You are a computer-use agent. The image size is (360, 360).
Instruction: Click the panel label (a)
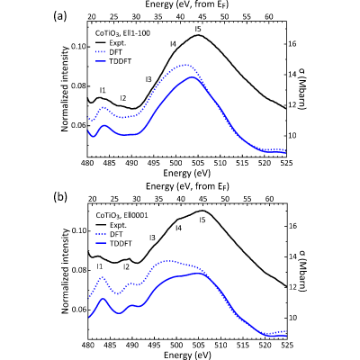(59, 16)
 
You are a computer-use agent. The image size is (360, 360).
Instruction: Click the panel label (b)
(60, 197)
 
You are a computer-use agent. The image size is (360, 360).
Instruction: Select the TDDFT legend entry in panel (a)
(113, 61)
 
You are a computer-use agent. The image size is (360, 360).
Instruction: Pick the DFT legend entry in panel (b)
(109, 234)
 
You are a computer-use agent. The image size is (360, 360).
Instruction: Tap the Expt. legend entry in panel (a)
(111, 42)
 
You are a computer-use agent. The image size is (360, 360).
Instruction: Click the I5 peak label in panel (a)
(197, 29)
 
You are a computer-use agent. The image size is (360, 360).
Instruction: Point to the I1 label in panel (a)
(103, 90)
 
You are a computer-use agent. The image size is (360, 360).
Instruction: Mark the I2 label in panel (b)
(126, 266)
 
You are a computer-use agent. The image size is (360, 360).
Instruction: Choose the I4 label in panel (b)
(178, 228)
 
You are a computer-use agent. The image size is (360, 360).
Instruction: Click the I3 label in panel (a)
(148, 79)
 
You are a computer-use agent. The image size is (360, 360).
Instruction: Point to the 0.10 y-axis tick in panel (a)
(78, 47)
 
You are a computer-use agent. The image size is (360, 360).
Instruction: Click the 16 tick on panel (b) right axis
(292, 226)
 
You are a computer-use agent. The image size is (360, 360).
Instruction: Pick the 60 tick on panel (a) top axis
(269, 16)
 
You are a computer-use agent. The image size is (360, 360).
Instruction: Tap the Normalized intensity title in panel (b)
(66, 272)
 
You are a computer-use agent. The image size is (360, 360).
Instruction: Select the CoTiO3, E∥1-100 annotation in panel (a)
(122, 33)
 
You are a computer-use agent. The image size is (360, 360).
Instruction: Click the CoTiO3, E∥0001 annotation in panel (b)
(121, 215)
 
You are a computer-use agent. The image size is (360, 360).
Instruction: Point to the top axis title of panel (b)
(188, 186)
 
